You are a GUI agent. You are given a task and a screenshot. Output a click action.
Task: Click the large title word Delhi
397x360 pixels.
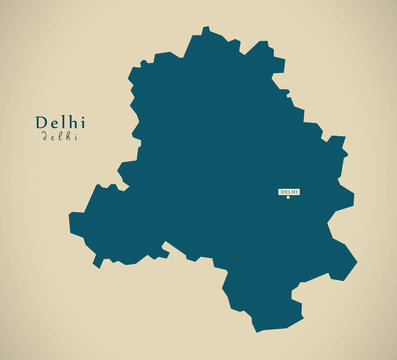point(60,122)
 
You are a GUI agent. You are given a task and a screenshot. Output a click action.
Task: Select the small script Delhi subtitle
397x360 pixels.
point(60,137)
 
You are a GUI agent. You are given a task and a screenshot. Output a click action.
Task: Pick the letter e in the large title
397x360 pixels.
point(53,123)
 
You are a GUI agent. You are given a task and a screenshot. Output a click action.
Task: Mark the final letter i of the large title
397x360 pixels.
point(82,122)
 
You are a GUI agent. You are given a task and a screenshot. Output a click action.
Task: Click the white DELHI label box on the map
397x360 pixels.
point(288,191)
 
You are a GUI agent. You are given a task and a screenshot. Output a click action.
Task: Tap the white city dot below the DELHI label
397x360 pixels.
point(288,198)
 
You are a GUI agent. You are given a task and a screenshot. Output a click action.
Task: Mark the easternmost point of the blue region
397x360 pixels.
point(356,266)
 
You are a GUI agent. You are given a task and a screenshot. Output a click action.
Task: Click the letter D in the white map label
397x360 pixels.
point(282,191)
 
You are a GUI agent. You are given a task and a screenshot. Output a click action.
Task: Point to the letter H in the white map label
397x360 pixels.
point(292,191)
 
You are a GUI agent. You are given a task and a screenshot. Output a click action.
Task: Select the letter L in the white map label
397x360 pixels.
point(288,191)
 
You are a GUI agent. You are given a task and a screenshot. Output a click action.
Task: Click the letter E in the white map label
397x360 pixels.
point(285,191)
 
